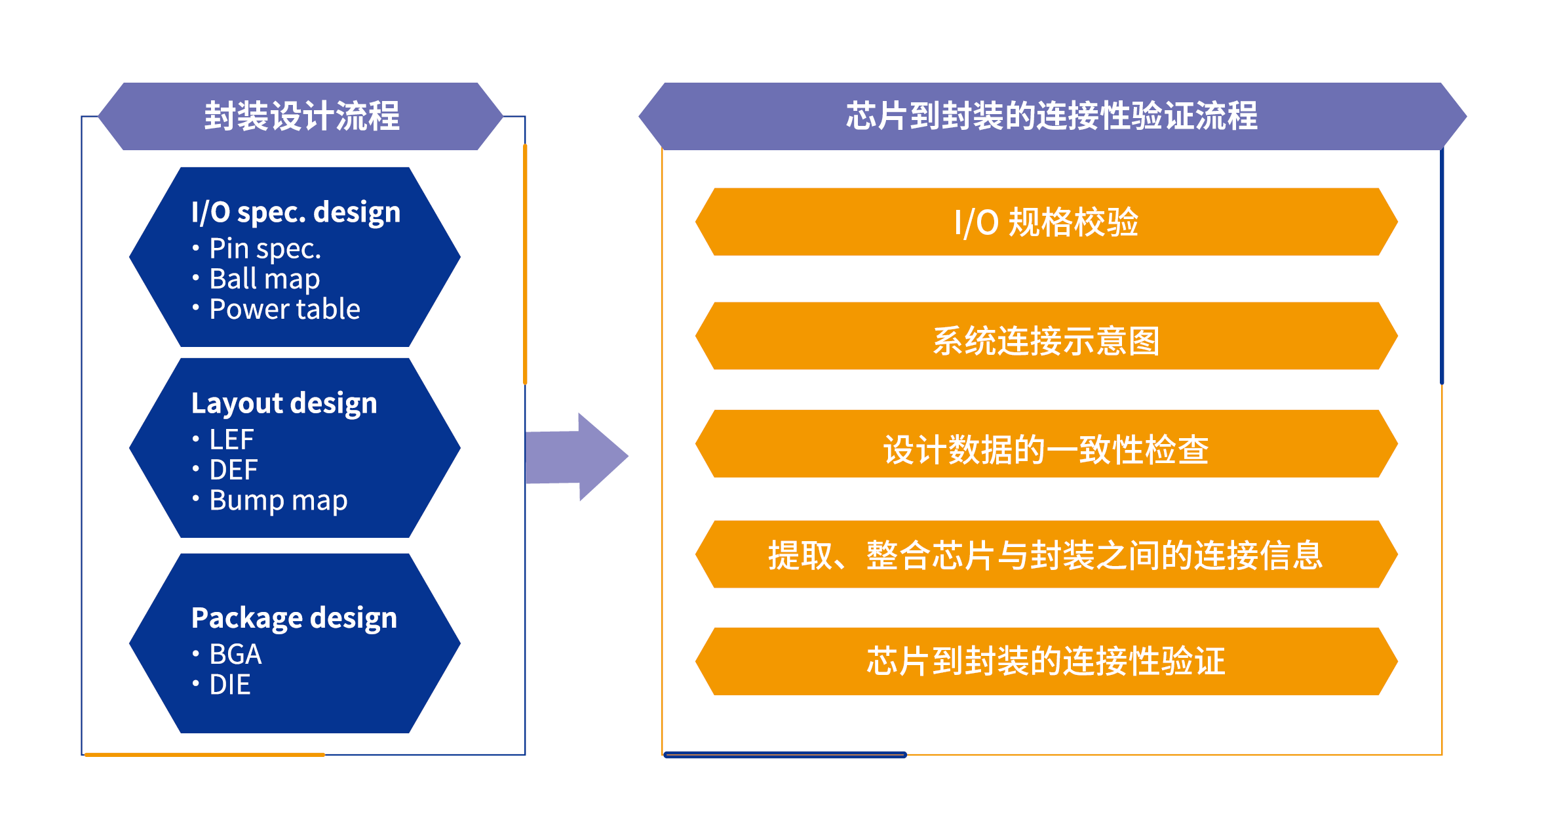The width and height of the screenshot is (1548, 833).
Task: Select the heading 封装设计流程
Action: pyautogui.click(x=301, y=116)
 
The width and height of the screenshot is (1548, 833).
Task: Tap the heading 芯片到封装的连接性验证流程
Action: pyautogui.click(x=1051, y=116)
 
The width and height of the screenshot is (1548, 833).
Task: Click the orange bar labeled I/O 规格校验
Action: pyautogui.click(x=1046, y=222)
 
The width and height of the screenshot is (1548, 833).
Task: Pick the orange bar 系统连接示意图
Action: pyautogui.click(x=1046, y=340)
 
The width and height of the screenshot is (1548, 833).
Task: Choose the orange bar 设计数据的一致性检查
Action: pyautogui.click(x=1046, y=449)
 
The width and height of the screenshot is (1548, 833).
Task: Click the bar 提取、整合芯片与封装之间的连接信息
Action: pyautogui.click(x=1046, y=555)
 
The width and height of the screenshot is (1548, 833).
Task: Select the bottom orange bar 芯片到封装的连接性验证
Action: pyautogui.click(x=1046, y=660)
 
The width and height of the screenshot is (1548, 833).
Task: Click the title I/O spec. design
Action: pyautogui.click(x=296, y=212)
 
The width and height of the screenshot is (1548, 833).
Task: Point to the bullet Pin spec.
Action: pyautogui.click(x=265, y=249)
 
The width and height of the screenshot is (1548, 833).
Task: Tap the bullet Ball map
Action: pyautogui.click(x=264, y=279)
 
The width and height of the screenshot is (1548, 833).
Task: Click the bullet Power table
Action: pyautogui.click(x=284, y=309)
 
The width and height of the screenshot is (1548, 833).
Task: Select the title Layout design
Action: pyautogui.click(x=284, y=403)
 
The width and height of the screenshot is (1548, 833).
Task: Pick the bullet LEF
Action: pyautogui.click(x=231, y=439)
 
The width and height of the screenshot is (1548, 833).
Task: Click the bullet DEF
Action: pyautogui.click(x=233, y=470)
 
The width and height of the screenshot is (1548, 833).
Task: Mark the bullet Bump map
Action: pyautogui.click(x=278, y=500)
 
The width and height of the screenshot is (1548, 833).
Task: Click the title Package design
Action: pyautogui.click(x=294, y=618)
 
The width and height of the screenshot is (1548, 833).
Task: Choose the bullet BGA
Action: pyautogui.click(x=235, y=654)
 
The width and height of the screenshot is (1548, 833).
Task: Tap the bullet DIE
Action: pyautogui.click(x=229, y=685)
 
